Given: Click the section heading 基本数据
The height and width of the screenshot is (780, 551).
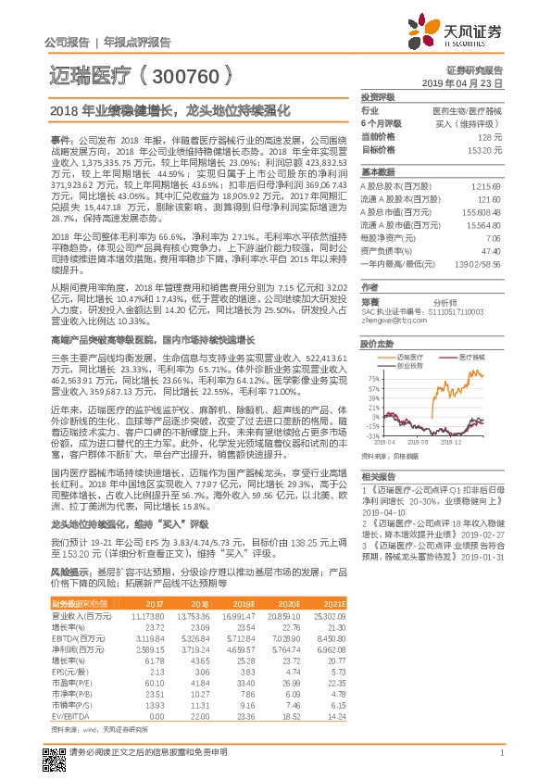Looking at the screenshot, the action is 377,172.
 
